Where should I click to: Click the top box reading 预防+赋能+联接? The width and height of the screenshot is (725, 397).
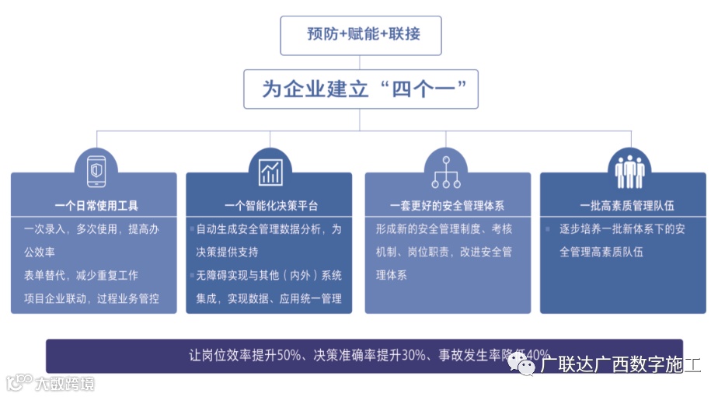361,35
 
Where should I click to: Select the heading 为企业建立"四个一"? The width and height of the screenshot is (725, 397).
361,89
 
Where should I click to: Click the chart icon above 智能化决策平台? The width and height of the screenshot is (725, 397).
270,169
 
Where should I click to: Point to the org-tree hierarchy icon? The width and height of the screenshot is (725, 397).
446,170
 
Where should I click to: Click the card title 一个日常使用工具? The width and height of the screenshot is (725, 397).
97,206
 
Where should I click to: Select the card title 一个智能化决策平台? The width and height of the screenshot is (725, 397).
270,206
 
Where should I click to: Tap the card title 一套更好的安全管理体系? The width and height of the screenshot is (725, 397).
447,206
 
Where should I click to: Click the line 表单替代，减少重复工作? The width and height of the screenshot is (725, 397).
81,276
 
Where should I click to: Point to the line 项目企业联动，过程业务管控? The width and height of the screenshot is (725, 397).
92,298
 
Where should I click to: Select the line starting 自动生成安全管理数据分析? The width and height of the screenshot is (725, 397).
269,229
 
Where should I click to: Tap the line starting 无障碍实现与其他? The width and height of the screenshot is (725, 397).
269,276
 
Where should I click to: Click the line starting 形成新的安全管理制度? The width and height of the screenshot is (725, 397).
444,229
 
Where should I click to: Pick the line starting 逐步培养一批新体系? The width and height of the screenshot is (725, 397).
622,229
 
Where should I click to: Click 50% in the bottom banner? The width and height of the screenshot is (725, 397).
288,355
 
